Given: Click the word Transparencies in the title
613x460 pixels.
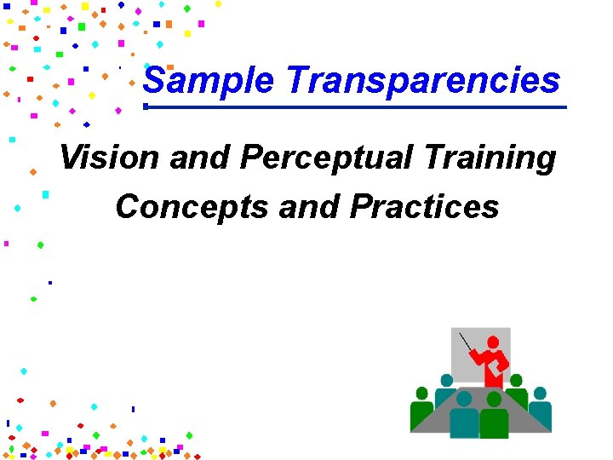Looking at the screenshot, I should tap(423, 81).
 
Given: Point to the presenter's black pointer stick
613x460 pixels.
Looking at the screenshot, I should tap(469, 343).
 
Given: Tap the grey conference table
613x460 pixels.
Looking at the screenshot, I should tap(511, 409).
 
